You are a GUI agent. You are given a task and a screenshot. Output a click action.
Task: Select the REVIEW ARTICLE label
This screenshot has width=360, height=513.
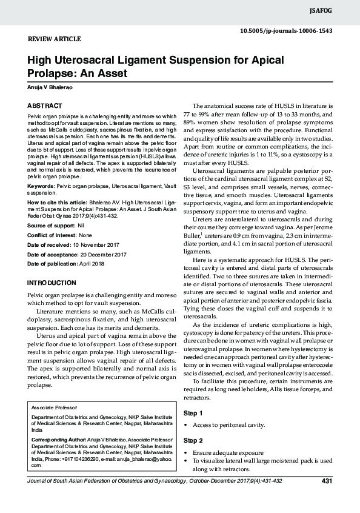(x=55, y=39)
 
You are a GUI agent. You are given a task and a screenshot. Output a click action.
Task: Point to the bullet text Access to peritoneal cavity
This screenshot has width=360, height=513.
(x=228, y=426)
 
